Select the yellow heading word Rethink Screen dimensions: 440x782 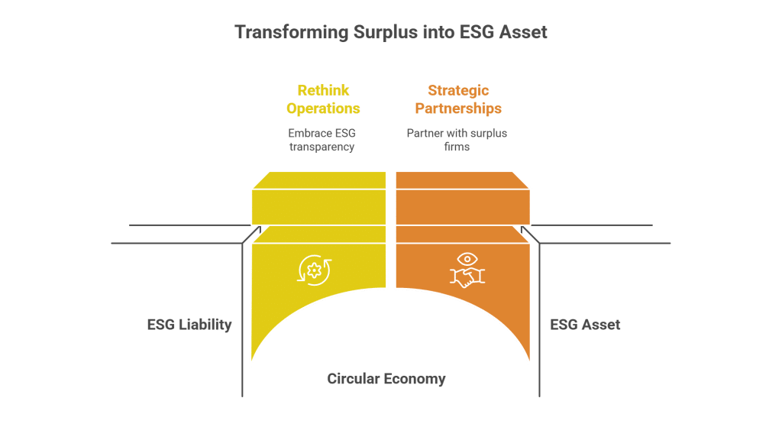coord(323,90)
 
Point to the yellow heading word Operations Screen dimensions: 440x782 coord(323,108)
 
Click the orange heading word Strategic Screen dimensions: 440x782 coord(458,90)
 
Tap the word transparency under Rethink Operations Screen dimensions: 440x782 coord(322,147)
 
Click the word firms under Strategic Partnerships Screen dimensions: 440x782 coord(457,147)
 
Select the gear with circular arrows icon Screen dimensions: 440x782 coord(313,269)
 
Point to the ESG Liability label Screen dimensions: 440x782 coord(189,325)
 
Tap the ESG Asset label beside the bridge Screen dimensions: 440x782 coord(585,325)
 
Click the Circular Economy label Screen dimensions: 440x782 coord(386,379)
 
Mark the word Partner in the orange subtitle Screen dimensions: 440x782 coord(422,134)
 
